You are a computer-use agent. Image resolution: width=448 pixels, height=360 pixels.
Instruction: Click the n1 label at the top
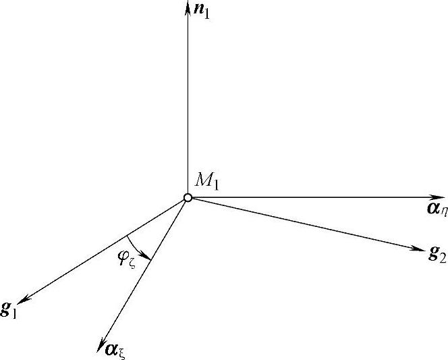[x=202, y=11]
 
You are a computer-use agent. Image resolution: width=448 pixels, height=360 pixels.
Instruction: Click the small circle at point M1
[x=188, y=198]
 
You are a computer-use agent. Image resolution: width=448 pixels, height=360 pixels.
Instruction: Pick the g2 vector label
[x=437, y=254]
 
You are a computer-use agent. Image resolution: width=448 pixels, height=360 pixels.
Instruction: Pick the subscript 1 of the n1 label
[x=207, y=13]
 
